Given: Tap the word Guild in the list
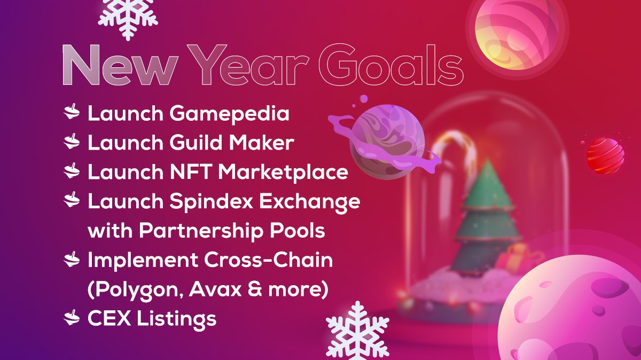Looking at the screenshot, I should tap(195, 143).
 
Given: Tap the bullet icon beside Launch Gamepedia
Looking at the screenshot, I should tap(72, 113).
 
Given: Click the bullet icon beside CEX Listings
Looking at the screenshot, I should tap(72, 319).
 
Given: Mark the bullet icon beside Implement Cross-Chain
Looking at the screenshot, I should tap(72, 260).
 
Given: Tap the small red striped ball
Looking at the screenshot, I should tap(605, 155).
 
